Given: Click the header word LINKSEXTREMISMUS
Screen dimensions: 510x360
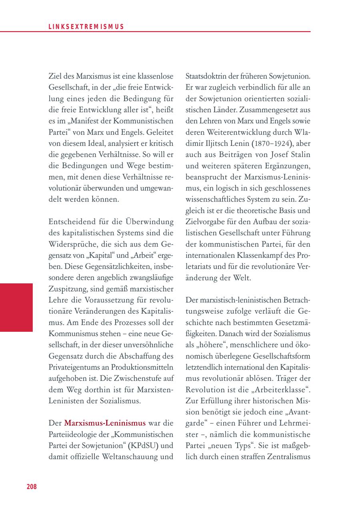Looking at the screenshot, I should [86, 27].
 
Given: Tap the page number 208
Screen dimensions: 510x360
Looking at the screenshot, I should [32, 486].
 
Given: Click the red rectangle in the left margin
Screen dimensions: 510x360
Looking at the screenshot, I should [16, 307].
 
